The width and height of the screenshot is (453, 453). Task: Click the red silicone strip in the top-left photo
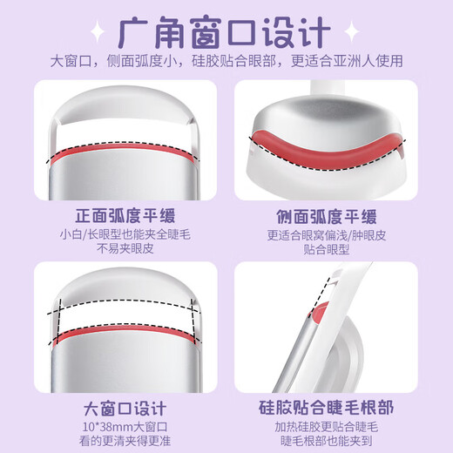coord(121,158)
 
